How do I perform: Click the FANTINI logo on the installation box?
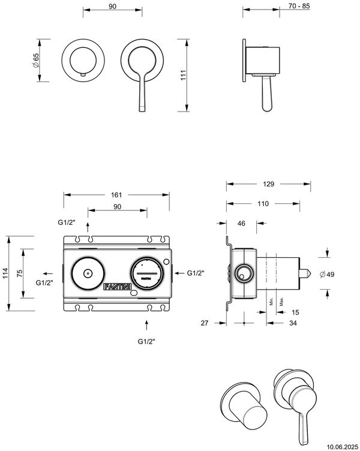(x=118, y=287)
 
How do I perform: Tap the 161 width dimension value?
(x=116, y=195)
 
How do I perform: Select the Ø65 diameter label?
(x=35, y=61)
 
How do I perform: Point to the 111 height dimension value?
(x=184, y=75)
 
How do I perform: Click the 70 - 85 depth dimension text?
(x=299, y=6)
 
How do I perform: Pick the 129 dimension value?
(x=268, y=184)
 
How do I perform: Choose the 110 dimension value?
(x=263, y=204)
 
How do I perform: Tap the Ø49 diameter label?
(x=327, y=275)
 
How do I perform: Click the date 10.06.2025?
(x=344, y=446)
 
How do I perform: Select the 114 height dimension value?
(x=6, y=273)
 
